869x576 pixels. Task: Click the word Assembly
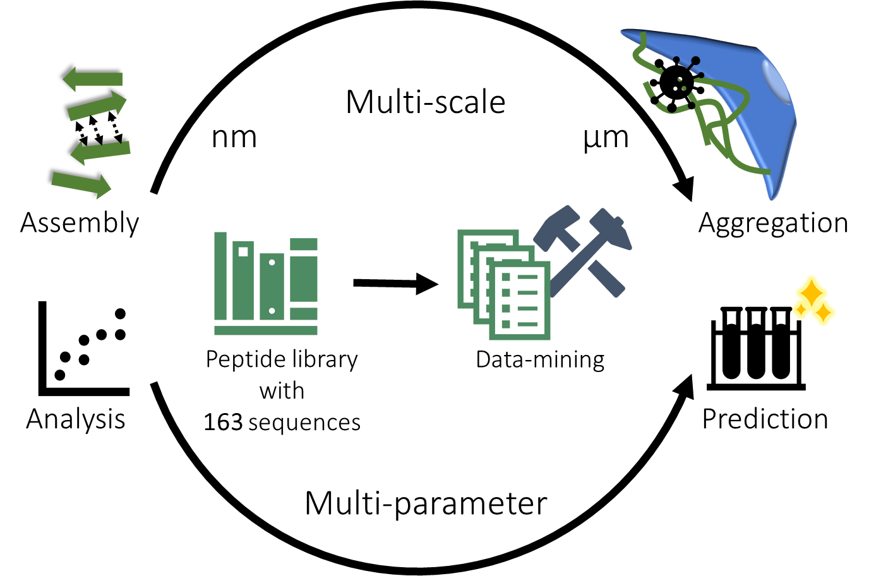pyautogui.click(x=80, y=224)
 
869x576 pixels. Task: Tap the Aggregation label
pyautogui.click(x=773, y=224)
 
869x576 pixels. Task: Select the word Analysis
pyautogui.click(x=76, y=419)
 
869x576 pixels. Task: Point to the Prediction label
pyautogui.click(x=765, y=419)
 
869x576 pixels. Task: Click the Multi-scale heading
pyautogui.click(x=426, y=102)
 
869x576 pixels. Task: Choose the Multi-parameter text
pyautogui.click(x=426, y=504)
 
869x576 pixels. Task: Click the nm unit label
pyautogui.click(x=234, y=138)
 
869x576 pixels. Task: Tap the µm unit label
pyautogui.click(x=606, y=138)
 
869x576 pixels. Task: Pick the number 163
pyautogui.click(x=223, y=423)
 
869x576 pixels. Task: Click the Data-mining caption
pyautogui.click(x=540, y=359)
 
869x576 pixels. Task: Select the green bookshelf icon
pyautogui.click(x=266, y=284)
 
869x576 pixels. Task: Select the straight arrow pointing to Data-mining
pyautogui.click(x=395, y=284)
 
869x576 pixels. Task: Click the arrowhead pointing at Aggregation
pyautogui.click(x=685, y=188)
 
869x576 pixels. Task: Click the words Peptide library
pyautogui.click(x=282, y=359)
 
